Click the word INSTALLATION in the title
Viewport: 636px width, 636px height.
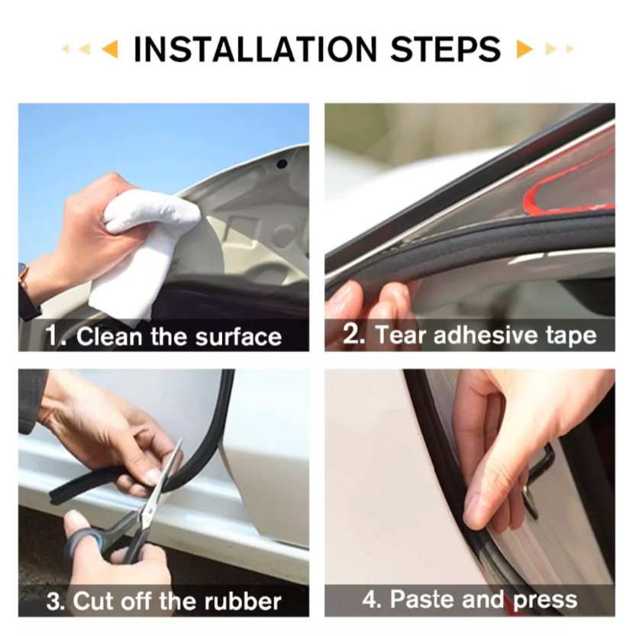[x=255, y=49]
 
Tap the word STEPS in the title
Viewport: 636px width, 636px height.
[x=445, y=49]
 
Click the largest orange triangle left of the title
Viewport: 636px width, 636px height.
[x=110, y=49]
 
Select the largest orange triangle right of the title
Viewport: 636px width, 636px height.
[x=525, y=49]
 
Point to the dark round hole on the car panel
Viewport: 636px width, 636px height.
[x=281, y=164]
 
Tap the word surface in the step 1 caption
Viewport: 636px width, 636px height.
[x=238, y=337]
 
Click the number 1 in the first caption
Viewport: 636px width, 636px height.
[x=52, y=336]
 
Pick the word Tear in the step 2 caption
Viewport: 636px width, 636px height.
[x=401, y=335]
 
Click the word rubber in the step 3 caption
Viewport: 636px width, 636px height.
[x=242, y=601]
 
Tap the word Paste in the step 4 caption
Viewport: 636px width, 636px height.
[x=422, y=599]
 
